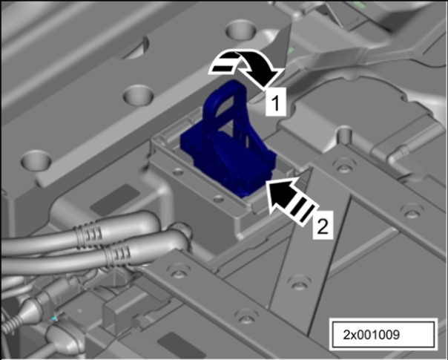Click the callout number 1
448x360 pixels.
pos(275,102)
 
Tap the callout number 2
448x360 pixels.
pos(323,225)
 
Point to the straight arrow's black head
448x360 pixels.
pos(280,194)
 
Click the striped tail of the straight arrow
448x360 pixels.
pos(302,212)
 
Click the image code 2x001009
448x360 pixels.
pos(372,335)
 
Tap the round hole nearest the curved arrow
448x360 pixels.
pos(240,29)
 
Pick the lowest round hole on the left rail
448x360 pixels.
pos(36,160)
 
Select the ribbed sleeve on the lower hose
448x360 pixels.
pos(118,255)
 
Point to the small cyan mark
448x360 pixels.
pos(54,318)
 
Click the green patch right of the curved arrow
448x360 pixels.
pos(291,51)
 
